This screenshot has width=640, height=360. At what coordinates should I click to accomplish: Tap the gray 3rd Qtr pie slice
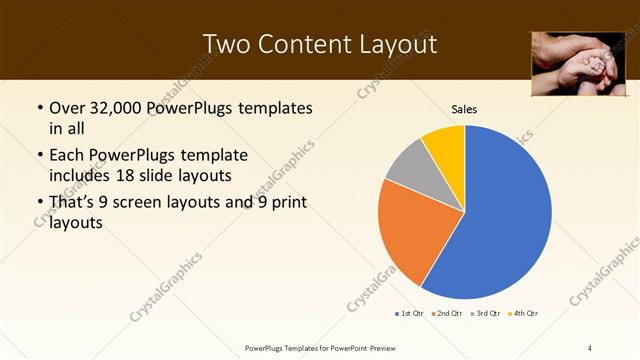point(408,166)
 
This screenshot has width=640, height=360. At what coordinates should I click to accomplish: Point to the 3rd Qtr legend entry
point(485,314)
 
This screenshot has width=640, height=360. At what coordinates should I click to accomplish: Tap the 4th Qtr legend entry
point(524,314)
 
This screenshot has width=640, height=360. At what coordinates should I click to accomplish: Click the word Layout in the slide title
point(394,44)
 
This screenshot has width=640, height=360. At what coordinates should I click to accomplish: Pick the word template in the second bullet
point(213,156)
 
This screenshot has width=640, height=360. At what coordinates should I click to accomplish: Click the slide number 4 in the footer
point(590,347)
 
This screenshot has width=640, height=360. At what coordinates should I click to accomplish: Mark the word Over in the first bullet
point(67,108)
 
